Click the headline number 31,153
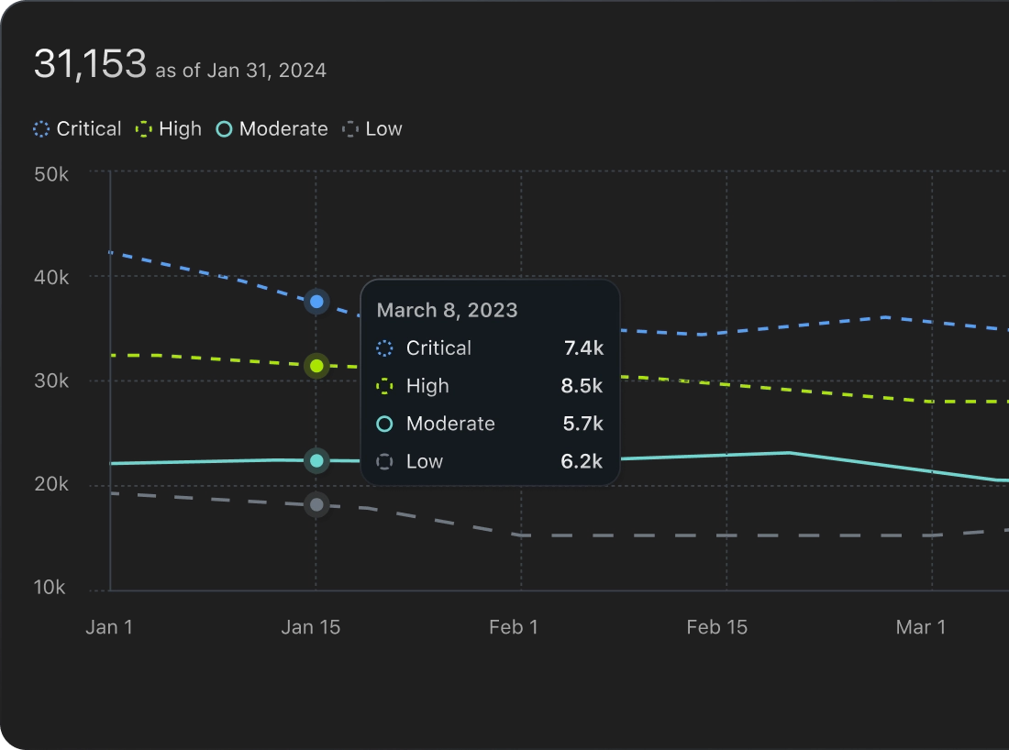point(90,64)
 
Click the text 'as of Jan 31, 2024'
point(240,71)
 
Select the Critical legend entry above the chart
point(77,129)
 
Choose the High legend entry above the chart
point(169,129)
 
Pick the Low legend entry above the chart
point(372,129)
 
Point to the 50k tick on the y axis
point(51,173)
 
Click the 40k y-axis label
point(51,277)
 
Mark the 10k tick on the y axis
point(51,588)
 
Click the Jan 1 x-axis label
point(109,627)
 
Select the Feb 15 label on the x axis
point(716,627)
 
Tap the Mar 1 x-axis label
point(920,627)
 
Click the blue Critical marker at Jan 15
point(316,301)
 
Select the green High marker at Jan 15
point(316,366)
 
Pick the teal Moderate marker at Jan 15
point(316,460)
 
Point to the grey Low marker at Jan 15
point(316,504)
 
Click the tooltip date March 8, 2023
point(447,310)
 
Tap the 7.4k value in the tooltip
point(582,348)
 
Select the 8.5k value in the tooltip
point(582,386)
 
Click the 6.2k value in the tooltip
point(582,461)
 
